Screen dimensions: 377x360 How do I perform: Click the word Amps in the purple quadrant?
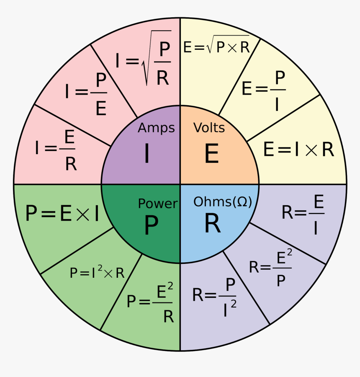click(x=156, y=128)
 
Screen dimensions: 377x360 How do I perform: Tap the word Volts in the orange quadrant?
click(x=209, y=127)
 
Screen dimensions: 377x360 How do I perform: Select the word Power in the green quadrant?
click(x=158, y=204)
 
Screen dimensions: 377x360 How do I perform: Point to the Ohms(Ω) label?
click(x=223, y=202)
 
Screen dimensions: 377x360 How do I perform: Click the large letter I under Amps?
click(x=147, y=154)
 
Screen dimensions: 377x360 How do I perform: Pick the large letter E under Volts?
click(x=212, y=154)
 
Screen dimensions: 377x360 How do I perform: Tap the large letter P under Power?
click(x=151, y=226)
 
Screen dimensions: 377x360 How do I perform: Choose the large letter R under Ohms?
click(x=212, y=225)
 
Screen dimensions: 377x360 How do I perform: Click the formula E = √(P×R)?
click(x=216, y=47)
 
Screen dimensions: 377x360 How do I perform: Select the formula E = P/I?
click(x=264, y=90)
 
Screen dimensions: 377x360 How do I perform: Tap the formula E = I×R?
click(x=298, y=150)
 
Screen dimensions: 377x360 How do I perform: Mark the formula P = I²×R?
click(x=97, y=273)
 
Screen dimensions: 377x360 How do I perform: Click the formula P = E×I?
click(x=62, y=213)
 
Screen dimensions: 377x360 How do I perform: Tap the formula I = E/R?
click(x=56, y=150)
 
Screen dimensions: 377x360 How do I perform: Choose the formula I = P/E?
click(x=86, y=94)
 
